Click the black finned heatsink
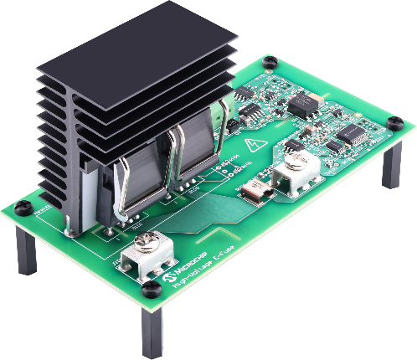coord(126,92)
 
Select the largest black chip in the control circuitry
coord(301,104)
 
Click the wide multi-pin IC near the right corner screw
coord(351,133)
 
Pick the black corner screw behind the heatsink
coord(269,61)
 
